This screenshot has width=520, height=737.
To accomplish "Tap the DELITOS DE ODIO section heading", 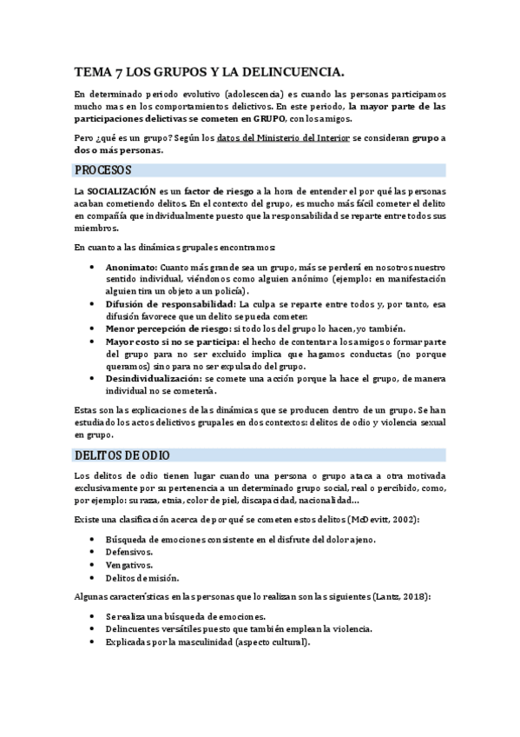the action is [x=122, y=455].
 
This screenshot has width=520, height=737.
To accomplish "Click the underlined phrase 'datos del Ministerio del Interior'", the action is [x=283, y=137].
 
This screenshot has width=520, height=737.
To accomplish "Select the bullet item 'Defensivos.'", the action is [x=129, y=552].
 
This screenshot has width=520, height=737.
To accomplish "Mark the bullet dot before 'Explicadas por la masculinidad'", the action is [x=93, y=643].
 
